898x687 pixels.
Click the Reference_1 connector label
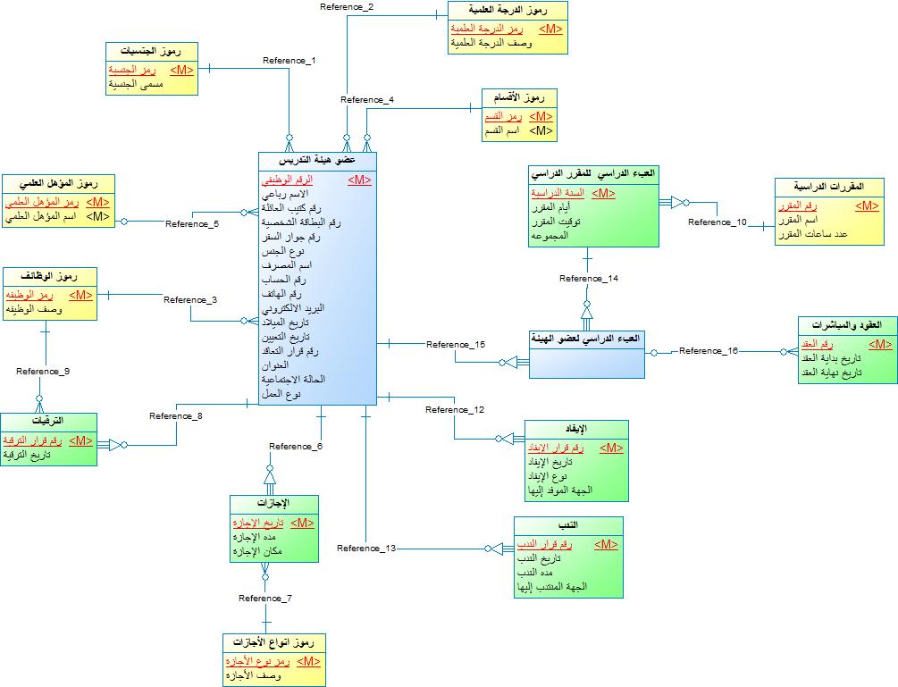tap(290, 61)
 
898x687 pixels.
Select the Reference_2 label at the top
tap(347, 7)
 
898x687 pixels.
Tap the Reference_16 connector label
tap(709, 351)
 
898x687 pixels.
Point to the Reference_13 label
tap(366, 548)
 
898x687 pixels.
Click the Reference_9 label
tap(43, 371)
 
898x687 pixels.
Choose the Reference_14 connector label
tap(589, 279)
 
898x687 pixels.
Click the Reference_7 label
tap(265, 598)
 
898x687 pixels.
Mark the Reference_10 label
tap(718, 222)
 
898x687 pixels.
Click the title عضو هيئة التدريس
tap(318, 161)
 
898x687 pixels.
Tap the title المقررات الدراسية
tap(829, 187)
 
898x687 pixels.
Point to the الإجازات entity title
tap(273, 504)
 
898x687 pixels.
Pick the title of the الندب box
tap(568, 525)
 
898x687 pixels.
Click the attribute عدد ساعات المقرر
tap(824, 234)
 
